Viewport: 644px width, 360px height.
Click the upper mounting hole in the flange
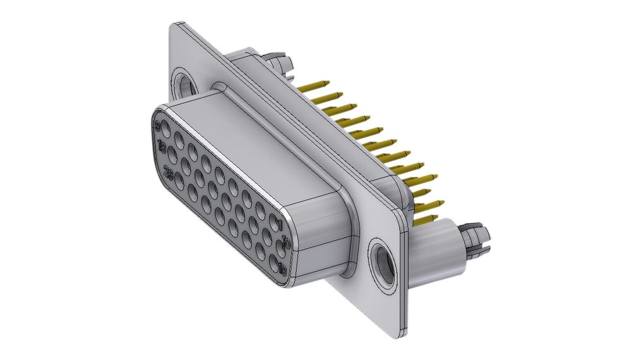click(x=184, y=82)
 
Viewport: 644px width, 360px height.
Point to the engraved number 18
click(x=162, y=147)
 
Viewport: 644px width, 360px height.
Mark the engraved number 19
click(x=282, y=269)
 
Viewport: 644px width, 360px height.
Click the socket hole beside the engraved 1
click(x=273, y=223)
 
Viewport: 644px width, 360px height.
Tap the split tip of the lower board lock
click(x=480, y=239)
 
